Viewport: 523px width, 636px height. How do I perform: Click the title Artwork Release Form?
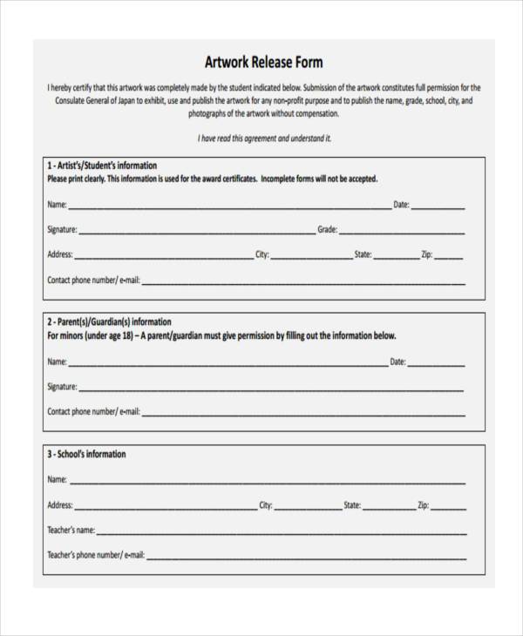[x=263, y=63]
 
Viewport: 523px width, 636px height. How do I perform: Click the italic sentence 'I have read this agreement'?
[x=263, y=139]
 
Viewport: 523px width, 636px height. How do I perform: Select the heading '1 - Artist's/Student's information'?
[x=102, y=165]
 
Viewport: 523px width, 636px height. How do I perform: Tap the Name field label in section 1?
[x=57, y=206]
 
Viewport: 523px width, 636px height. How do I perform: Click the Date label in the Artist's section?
[x=401, y=205]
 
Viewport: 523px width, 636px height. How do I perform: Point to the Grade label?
[x=327, y=230]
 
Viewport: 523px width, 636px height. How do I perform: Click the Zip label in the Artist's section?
[x=426, y=255]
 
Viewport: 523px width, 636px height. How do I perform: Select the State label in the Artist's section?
[x=363, y=255]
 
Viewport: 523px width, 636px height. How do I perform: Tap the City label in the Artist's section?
[x=261, y=255]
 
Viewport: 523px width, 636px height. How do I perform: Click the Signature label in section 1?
[x=62, y=230]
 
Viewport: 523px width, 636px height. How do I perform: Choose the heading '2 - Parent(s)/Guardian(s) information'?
[x=109, y=321]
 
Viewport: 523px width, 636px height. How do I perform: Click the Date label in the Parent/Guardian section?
[x=397, y=362]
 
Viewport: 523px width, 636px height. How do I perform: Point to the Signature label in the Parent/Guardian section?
[x=62, y=386]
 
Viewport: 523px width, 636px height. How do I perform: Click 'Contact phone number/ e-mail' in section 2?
[x=93, y=411]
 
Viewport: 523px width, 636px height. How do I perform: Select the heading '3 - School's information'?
[x=86, y=454]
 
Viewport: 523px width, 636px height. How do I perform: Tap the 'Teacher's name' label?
[x=71, y=530]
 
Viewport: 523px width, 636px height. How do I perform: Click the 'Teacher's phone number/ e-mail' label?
[x=95, y=555]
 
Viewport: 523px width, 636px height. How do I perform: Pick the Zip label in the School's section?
[x=423, y=504]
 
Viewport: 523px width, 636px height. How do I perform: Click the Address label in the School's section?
[x=59, y=504]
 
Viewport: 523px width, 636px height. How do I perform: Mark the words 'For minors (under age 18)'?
[x=90, y=335]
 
